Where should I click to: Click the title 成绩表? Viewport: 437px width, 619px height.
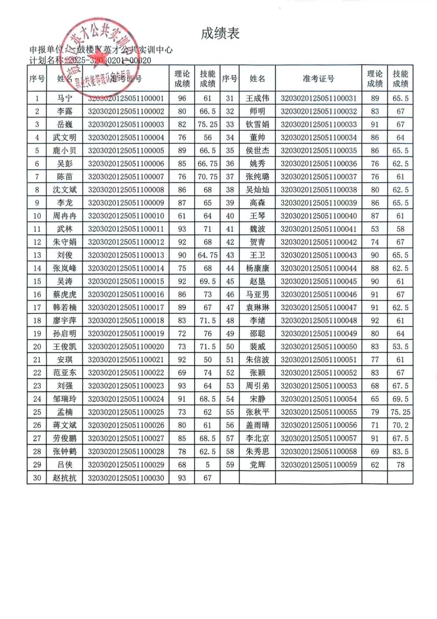coord(220,33)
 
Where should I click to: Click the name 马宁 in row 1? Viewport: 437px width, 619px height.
coord(65,98)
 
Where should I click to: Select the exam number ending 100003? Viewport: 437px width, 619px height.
coord(126,124)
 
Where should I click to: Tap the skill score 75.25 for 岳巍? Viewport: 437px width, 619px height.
coord(207,124)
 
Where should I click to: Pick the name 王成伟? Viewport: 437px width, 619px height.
coord(257,98)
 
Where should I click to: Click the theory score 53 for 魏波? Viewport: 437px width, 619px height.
coord(375,229)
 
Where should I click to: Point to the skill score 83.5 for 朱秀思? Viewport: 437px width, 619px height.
coord(400,452)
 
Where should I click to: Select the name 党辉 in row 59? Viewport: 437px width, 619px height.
coord(257,465)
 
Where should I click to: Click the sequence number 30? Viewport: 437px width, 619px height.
coord(37,478)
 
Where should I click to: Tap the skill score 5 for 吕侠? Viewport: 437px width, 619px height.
coord(207,465)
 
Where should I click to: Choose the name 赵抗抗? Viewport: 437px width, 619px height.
coord(65,478)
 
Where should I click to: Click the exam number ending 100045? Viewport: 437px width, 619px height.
coord(319,281)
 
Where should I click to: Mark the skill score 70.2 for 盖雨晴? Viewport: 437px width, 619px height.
coord(400,425)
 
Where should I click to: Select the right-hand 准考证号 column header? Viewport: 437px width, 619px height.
coord(319,79)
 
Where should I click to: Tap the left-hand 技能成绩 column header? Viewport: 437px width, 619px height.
coord(207,79)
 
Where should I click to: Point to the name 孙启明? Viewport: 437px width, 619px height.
coord(65,333)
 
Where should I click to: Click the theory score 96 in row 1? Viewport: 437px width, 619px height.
coord(182,98)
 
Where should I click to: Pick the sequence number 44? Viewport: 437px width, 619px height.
coord(230,268)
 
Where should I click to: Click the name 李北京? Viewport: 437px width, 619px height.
coord(257,438)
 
